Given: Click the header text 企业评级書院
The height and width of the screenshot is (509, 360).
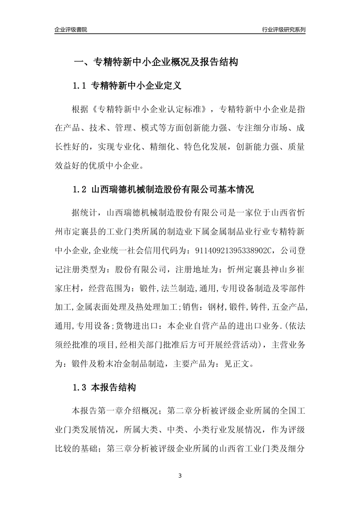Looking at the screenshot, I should (x=70, y=30).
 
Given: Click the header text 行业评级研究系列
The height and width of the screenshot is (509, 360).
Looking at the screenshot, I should (x=283, y=30).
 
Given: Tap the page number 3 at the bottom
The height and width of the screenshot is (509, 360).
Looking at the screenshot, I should (x=180, y=476).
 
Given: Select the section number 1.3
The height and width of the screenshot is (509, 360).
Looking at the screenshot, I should (x=80, y=388).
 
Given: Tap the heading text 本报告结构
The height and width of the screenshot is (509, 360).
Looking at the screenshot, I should (x=114, y=388).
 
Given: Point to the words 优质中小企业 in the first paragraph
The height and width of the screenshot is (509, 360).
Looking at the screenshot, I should (x=117, y=166).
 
